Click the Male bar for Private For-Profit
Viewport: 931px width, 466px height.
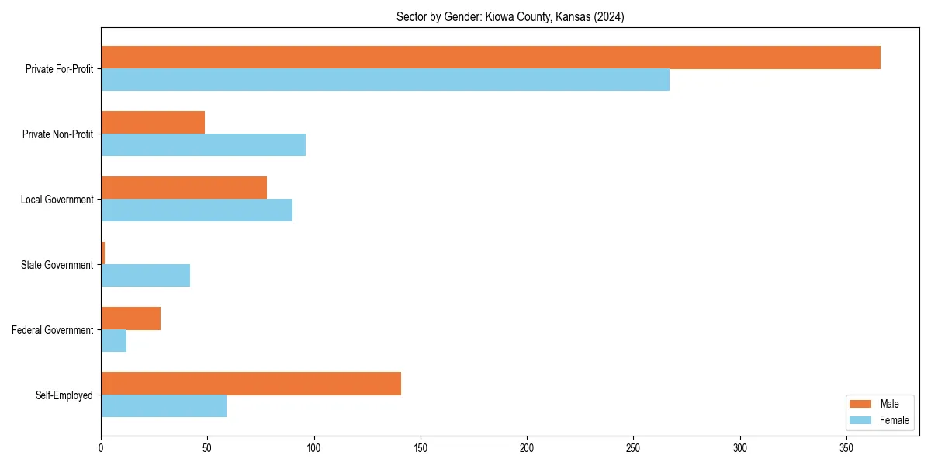point(490,57)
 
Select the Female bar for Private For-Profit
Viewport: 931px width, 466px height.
point(385,80)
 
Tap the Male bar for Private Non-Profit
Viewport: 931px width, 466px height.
point(153,123)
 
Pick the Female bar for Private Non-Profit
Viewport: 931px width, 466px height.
point(203,145)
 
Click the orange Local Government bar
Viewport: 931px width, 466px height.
point(184,188)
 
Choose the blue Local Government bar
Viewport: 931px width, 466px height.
point(196,210)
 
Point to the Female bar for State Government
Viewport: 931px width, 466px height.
point(145,276)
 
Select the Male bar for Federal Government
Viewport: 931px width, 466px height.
point(130,318)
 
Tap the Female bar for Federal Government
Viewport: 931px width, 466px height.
point(113,341)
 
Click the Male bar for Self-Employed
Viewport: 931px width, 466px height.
point(251,384)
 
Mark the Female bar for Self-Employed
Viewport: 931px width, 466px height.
point(164,406)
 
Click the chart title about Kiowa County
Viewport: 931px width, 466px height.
point(510,16)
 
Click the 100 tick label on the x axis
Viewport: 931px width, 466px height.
point(314,448)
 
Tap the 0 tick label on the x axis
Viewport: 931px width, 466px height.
point(101,448)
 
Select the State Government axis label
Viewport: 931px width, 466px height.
point(57,265)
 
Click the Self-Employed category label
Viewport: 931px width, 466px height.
point(64,395)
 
